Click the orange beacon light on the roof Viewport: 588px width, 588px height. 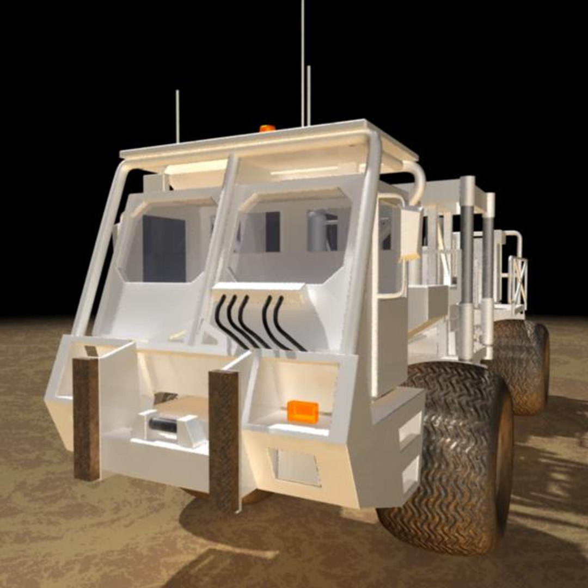(x=267, y=128)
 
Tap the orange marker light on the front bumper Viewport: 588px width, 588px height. (x=303, y=411)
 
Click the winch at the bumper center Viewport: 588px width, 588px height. (x=169, y=425)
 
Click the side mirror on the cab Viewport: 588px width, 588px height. (x=411, y=234)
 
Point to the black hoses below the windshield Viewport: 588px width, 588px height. (x=256, y=321)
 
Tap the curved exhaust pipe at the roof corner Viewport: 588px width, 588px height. (x=416, y=180)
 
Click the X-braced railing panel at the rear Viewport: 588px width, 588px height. (x=517, y=283)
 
